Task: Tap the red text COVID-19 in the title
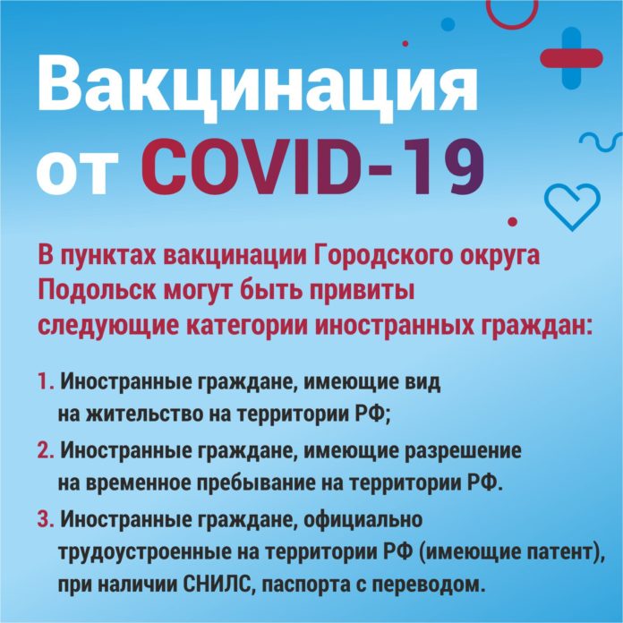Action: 313,167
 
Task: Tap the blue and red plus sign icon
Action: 572,55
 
